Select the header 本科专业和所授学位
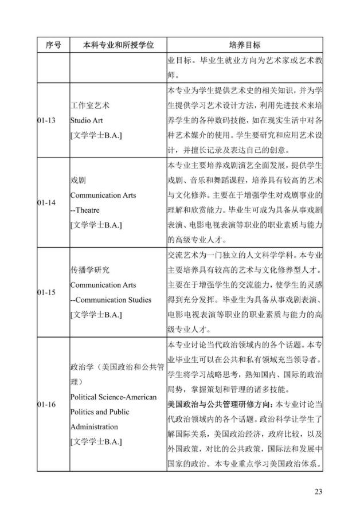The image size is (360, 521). coord(119,44)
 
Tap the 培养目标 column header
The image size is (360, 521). coord(245,44)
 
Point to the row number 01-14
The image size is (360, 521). coord(46,203)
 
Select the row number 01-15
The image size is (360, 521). coord(46,292)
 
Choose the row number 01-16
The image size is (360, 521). coord(46,405)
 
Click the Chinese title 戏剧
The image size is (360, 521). coord(78,181)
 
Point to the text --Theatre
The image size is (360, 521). coord(87,210)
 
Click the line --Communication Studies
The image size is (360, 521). coord(112,300)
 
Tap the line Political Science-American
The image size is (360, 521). coord(113,397)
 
